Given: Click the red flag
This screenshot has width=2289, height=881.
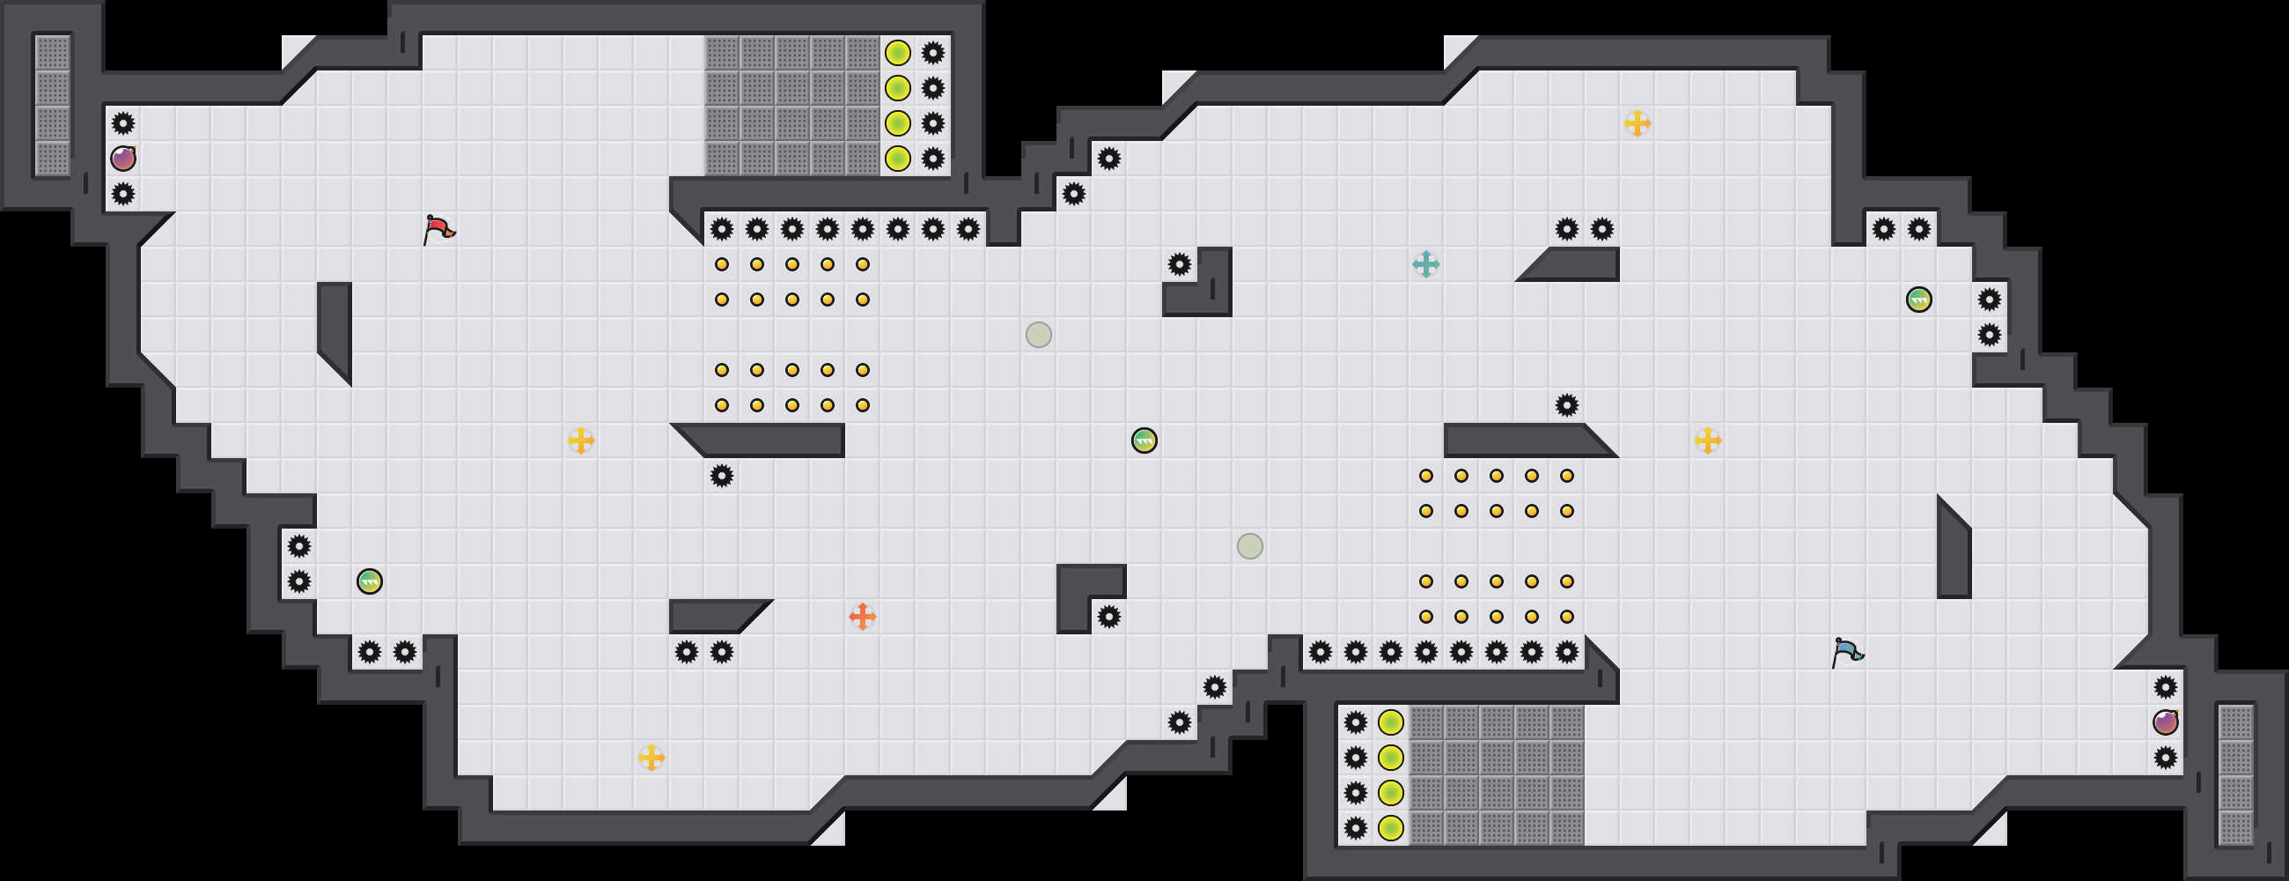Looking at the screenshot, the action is (x=438, y=229).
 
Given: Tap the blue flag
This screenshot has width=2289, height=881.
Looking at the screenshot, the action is (x=1846, y=652).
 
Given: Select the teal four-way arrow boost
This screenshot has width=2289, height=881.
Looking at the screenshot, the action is (x=1425, y=264).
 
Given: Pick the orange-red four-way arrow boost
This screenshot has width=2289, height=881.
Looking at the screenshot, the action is (x=862, y=616).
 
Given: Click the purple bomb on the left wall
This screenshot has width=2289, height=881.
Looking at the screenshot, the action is (x=122, y=159).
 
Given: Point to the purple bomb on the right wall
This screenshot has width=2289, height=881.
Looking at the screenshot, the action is (x=2166, y=722).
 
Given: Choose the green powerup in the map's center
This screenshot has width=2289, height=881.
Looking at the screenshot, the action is (x=1144, y=440).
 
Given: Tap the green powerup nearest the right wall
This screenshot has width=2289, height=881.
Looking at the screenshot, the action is (x=1918, y=300).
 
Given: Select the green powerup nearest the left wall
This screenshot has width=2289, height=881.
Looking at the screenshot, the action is (x=369, y=581).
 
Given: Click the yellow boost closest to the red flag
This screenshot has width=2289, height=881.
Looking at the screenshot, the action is (x=580, y=440).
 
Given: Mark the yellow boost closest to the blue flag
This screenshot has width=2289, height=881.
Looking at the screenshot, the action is (x=1707, y=440).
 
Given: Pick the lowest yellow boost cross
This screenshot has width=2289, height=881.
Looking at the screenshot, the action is (x=651, y=758).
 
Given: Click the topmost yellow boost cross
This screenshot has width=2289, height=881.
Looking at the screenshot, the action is (x=1637, y=122).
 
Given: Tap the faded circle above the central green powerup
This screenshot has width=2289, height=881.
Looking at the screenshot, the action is (x=1038, y=334).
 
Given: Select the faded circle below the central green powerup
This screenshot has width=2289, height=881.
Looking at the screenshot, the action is (x=1249, y=546).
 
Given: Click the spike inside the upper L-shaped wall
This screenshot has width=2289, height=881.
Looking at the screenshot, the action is (x=1179, y=264).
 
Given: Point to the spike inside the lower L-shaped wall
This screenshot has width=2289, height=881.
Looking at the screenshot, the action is (x=1108, y=616).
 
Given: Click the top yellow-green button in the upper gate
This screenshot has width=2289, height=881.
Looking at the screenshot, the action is (x=897, y=53).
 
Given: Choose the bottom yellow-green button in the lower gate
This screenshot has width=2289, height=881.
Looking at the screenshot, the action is (x=1390, y=827).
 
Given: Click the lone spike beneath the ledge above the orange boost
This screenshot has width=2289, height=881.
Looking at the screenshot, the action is (x=722, y=476).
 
